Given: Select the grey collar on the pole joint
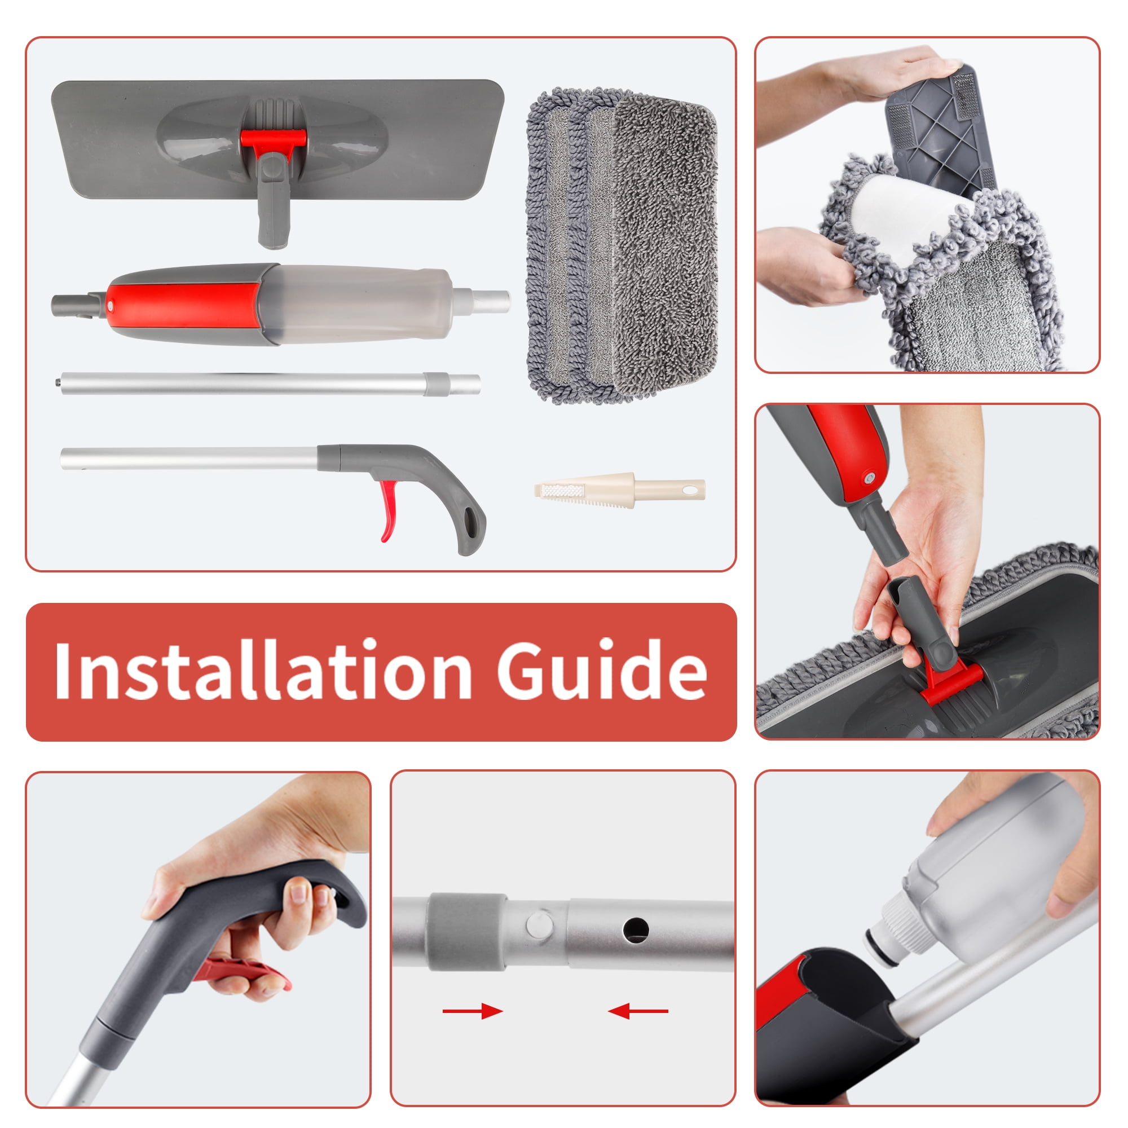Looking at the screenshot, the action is (467, 932).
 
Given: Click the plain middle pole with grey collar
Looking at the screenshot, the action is (271, 384).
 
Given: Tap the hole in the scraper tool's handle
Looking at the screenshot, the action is (692, 488).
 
